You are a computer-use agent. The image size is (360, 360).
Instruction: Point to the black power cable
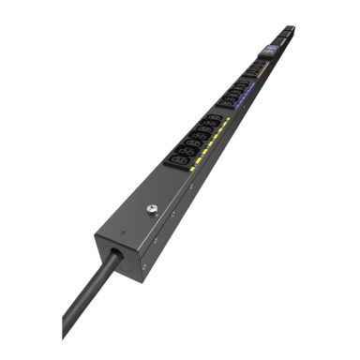89,290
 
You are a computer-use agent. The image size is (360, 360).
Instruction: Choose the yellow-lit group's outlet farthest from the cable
215,119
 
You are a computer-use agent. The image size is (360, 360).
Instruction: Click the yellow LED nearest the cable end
193,170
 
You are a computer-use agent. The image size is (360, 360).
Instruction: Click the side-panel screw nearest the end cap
144,264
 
